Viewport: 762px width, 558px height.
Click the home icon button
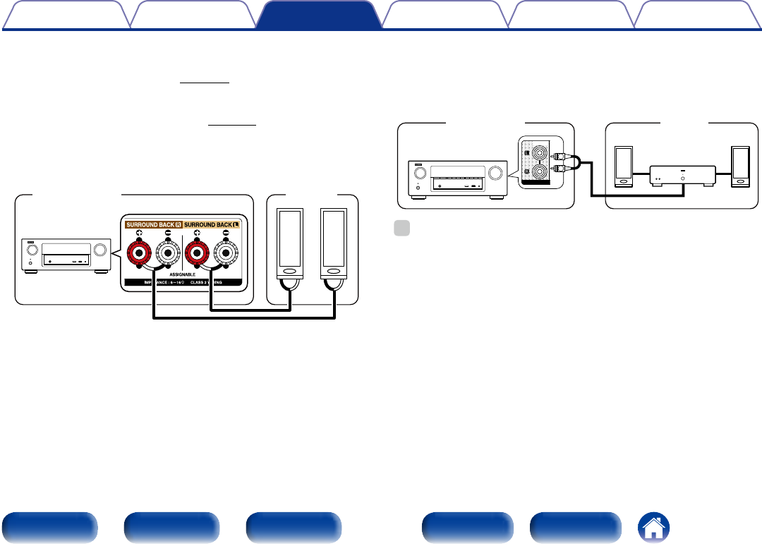654,527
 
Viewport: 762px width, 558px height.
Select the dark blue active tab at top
316,16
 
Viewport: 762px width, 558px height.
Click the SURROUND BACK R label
154,224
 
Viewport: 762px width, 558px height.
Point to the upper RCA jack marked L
540,151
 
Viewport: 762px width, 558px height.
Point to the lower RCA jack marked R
540,171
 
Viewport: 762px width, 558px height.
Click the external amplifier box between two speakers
682,175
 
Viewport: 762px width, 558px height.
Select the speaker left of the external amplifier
624,166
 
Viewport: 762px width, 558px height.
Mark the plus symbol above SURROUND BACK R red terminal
139,233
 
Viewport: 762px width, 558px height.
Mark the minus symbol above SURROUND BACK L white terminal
227,233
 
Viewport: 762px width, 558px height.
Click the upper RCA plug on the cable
562,157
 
